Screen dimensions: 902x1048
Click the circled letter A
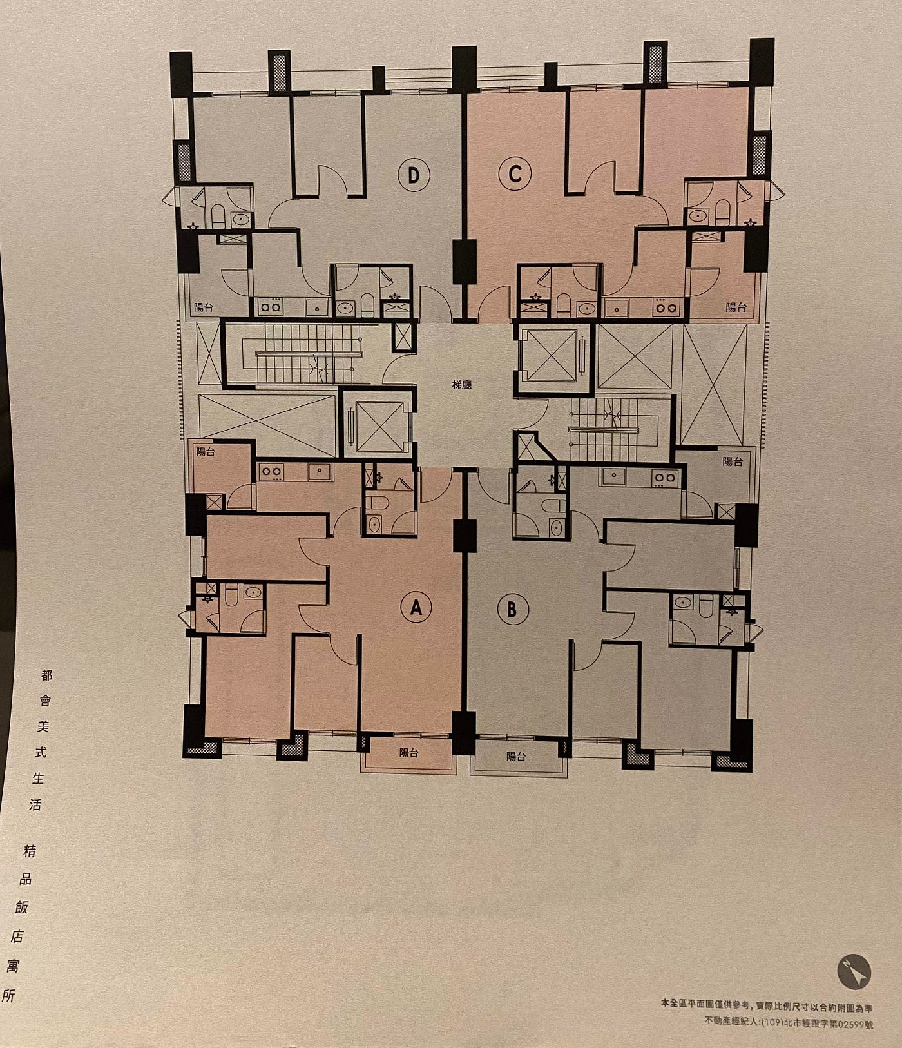click(416, 606)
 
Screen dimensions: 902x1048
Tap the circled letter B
click(512, 609)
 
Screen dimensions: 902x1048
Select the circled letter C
click(515, 174)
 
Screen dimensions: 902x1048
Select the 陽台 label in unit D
click(204, 307)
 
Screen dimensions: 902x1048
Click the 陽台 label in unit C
click(736, 307)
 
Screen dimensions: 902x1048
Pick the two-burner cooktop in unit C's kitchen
click(662, 307)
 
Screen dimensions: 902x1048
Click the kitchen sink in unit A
click(320, 472)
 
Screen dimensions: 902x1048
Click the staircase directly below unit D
click(303, 355)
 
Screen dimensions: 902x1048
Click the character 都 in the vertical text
click(46, 675)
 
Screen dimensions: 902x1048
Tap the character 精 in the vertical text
click(29, 851)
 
